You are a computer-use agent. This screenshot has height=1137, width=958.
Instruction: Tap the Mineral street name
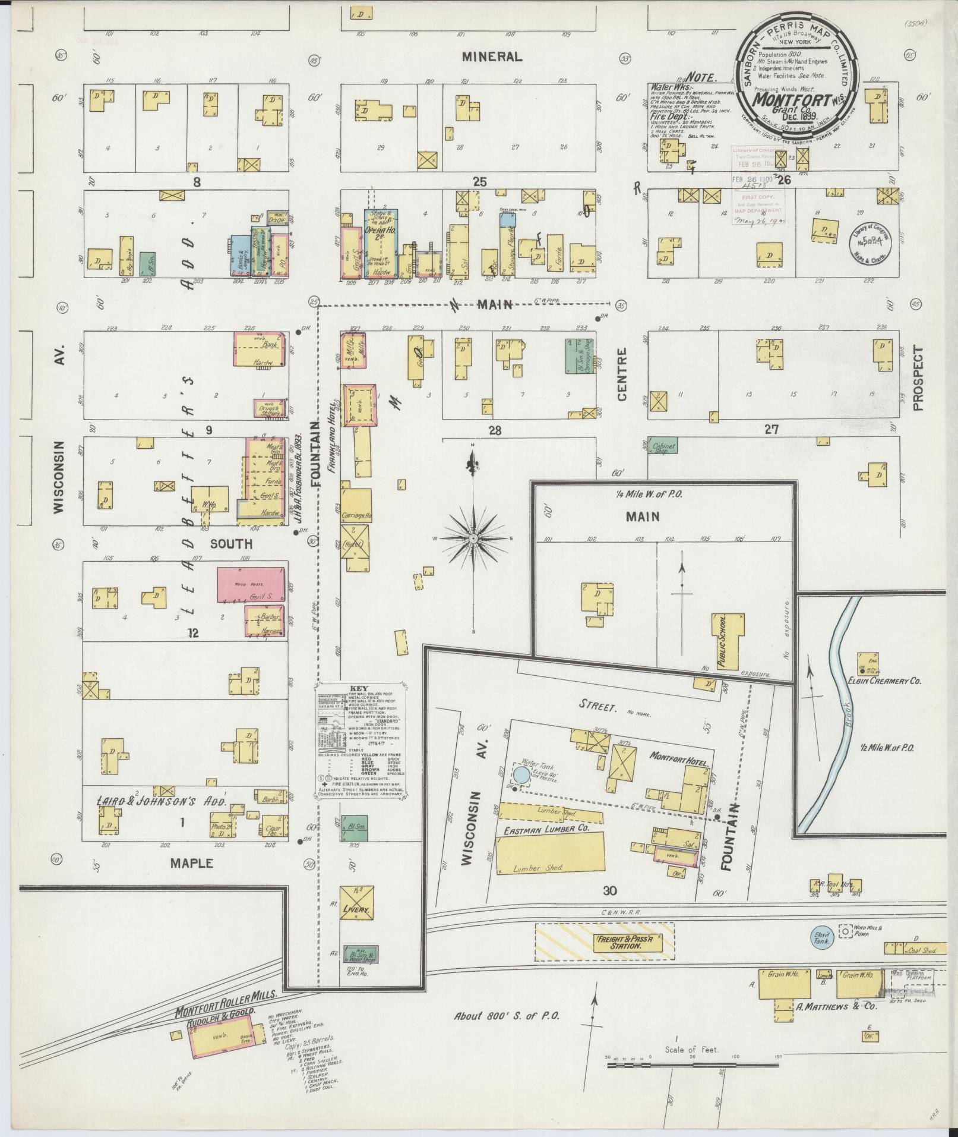pyautogui.click(x=492, y=57)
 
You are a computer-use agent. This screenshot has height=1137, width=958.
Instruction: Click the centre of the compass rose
pyautogui.click(x=474, y=538)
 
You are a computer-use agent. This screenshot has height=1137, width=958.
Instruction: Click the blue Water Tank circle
pyautogui.click(x=521, y=775)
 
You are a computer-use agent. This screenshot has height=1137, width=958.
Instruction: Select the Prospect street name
pyautogui.click(x=918, y=379)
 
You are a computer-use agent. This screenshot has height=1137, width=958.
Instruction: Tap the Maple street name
pyautogui.click(x=191, y=863)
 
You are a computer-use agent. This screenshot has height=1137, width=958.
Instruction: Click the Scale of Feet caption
pyautogui.click(x=692, y=1050)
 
